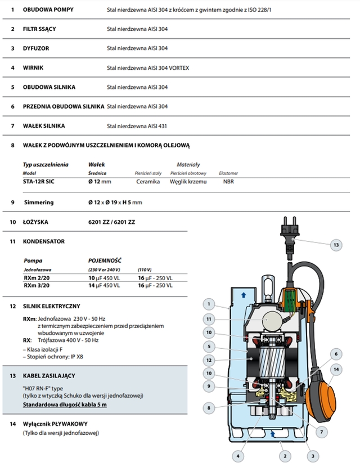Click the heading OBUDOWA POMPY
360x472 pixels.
[x=48, y=10]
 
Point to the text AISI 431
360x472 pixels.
[x=156, y=125]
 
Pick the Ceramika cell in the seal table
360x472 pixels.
[x=148, y=182]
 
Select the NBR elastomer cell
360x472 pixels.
[x=228, y=182]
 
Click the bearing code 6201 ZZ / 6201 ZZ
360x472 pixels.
[x=111, y=222]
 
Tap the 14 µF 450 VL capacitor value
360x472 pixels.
[x=104, y=286]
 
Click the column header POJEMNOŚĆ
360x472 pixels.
[x=105, y=260]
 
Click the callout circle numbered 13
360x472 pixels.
[x=335, y=245]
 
